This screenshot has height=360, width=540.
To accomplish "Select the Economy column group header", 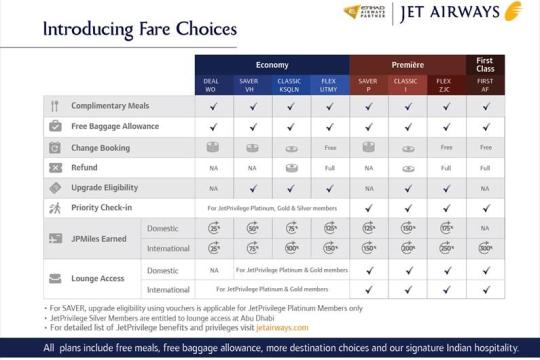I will coord(271,64).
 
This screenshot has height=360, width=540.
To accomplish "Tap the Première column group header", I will coord(407,64).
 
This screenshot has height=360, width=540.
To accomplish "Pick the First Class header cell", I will coord(485,65).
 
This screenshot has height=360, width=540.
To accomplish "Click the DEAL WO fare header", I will coord(213,85).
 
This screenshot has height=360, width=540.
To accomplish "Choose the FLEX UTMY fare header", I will coord(329,85).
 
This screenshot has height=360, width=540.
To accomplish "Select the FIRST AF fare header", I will coord(485,85).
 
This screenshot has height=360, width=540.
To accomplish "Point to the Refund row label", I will coord(85,167).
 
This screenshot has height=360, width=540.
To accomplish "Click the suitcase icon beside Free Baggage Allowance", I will coord(55,126).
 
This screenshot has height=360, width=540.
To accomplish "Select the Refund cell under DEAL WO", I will coord(213,167).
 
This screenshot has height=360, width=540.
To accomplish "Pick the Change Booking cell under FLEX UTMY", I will coord(329,147).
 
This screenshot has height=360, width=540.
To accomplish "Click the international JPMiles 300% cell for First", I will coord(485,247).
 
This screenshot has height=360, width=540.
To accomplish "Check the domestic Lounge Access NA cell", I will coord(213,270).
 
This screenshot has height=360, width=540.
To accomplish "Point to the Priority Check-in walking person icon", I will coord(55,208).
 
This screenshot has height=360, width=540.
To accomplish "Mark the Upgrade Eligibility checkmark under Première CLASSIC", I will coord(407,187).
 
